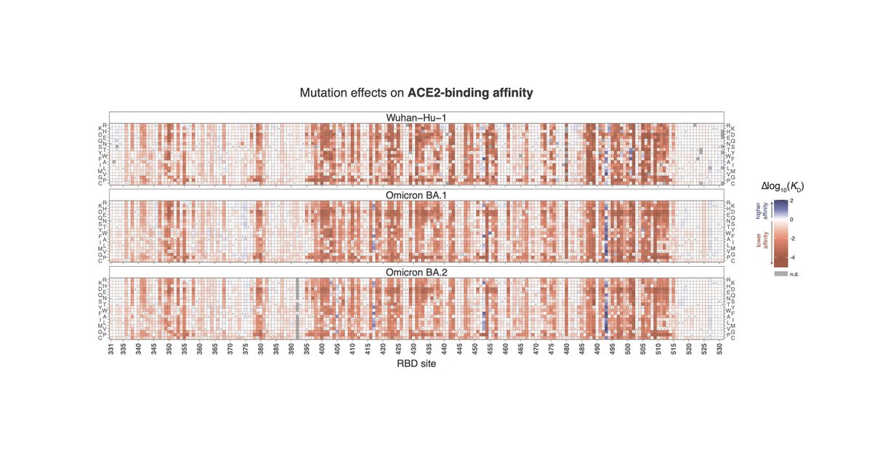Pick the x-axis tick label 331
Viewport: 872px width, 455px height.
coord(111,349)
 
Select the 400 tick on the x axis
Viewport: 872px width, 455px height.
coord(322,349)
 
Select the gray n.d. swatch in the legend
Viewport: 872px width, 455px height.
coord(780,273)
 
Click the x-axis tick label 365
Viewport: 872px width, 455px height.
coord(215,349)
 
